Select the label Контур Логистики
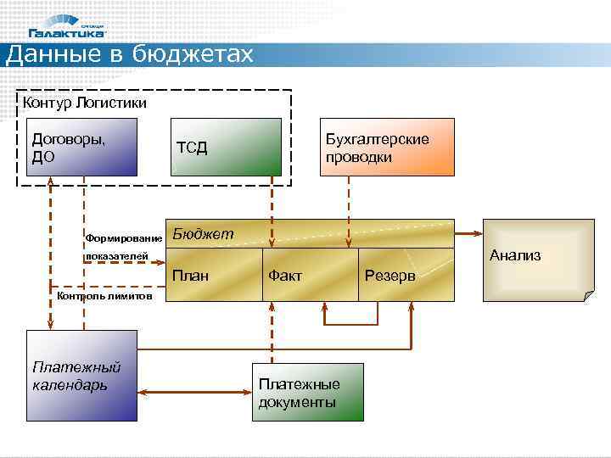point(85,103)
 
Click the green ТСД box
point(226,147)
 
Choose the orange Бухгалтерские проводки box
point(386,147)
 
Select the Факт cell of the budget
point(311,275)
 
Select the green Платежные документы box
point(307,392)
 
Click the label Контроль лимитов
point(104,297)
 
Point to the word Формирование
point(124,237)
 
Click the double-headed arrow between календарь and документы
point(194,392)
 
